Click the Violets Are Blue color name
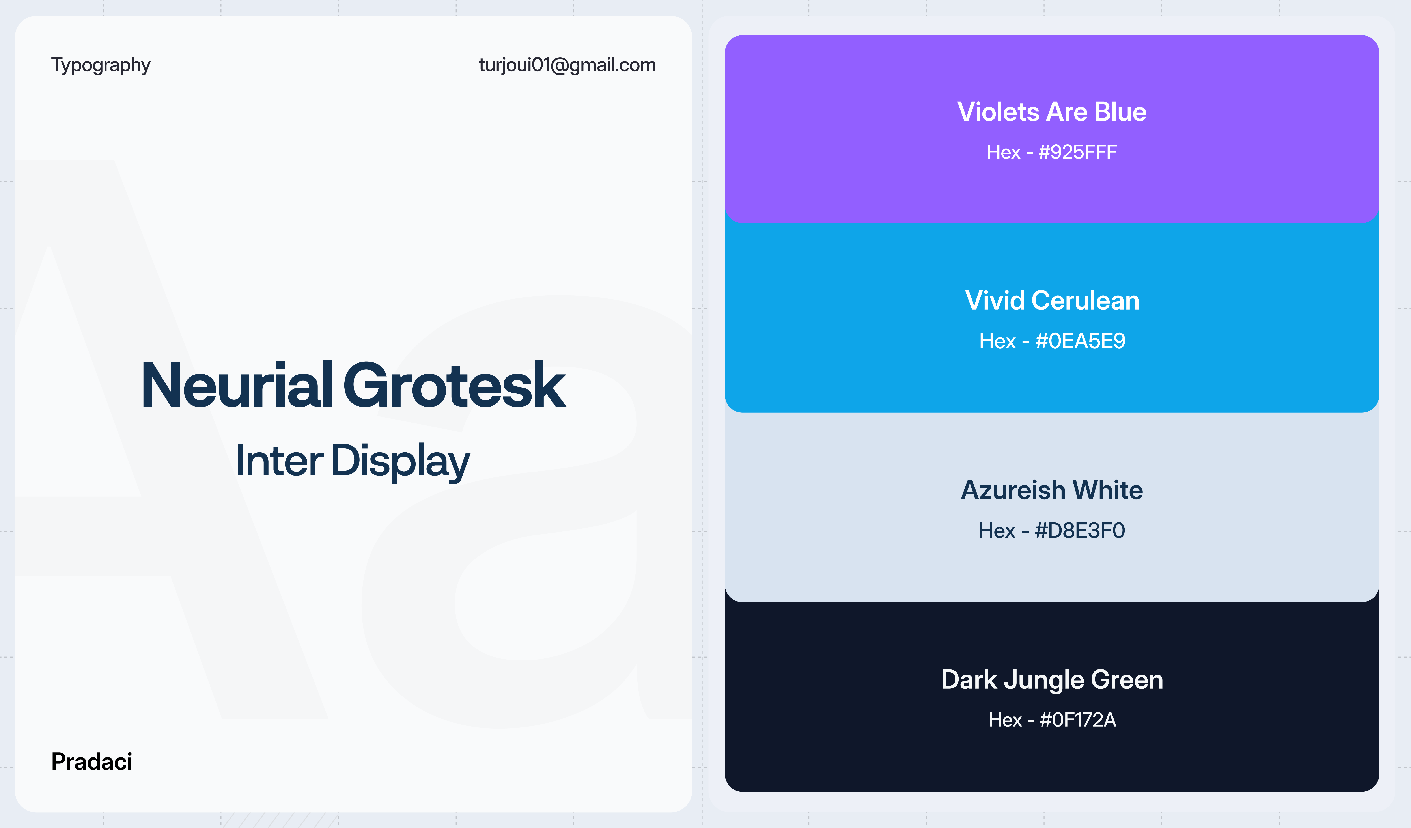click(1052, 112)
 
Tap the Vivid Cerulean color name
click(1052, 301)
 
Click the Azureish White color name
click(1052, 490)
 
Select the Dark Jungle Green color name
click(1052, 680)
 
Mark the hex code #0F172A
click(1078, 720)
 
